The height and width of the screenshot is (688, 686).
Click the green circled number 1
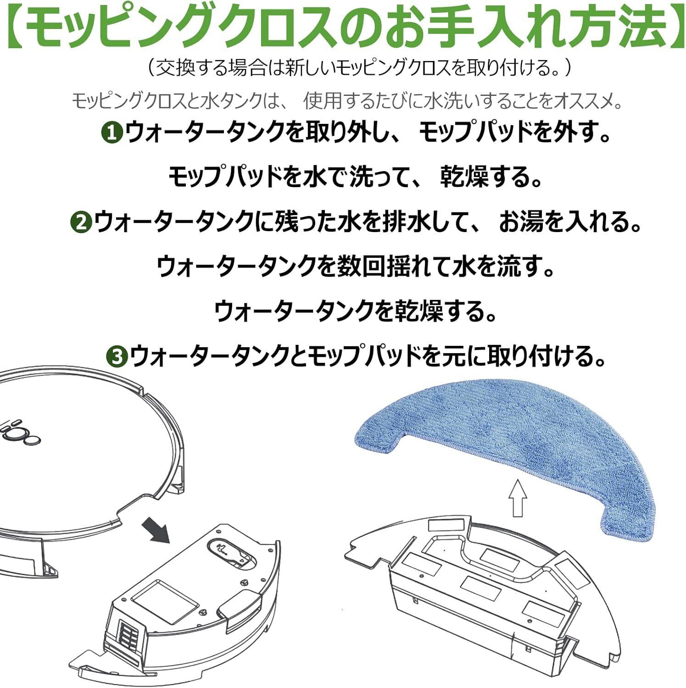[x=112, y=133]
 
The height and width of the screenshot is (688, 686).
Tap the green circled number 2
[x=81, y=223]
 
